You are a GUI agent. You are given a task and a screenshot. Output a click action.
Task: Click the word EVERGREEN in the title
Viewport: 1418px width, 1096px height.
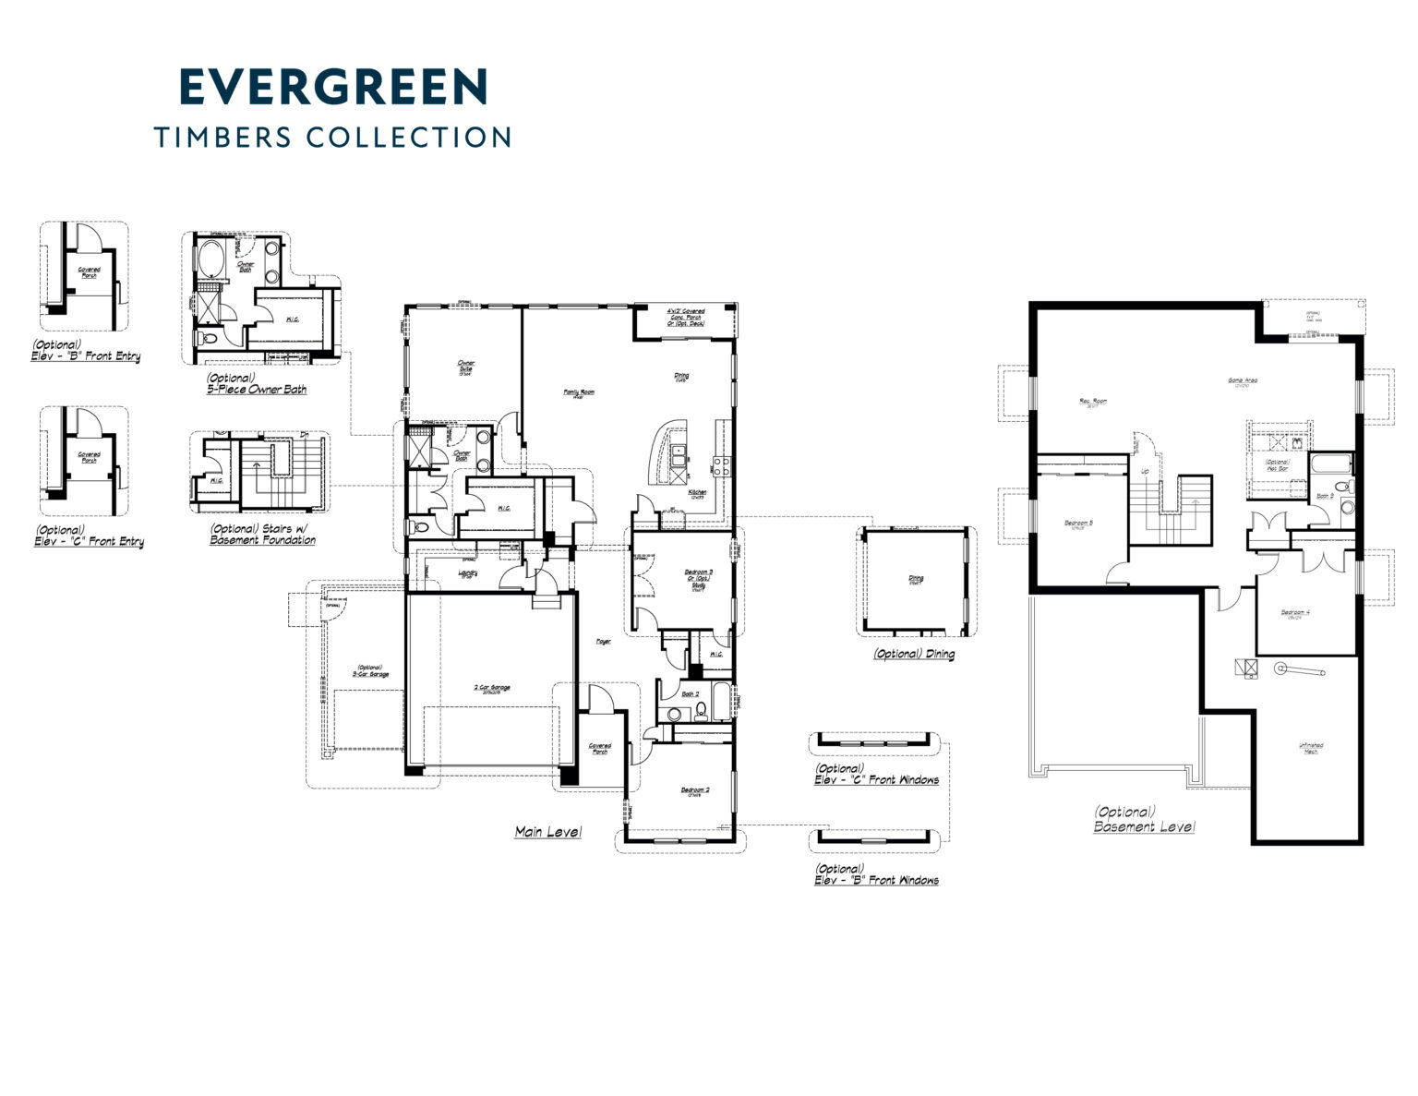pyautogui.click(x=333, y=87)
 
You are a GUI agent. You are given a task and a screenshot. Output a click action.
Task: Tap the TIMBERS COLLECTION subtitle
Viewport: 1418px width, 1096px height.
pyautogui.click(x=333, y=138)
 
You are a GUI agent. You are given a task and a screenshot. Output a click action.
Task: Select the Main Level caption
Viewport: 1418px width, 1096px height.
pyautogui.click(x=548, y=832)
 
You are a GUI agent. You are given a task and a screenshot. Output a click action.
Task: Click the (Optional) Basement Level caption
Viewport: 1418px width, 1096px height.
pyautogui.click(x=1144, y=820)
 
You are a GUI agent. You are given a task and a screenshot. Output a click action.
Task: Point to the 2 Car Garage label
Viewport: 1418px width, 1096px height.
pyautogui.click(x=492, y=688)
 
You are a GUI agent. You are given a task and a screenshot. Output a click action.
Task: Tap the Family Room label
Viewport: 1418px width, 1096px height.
pyautogui.click(x=579, y=393)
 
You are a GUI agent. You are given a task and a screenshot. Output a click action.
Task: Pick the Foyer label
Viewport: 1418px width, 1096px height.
pyautogui.click(x=603, y=641)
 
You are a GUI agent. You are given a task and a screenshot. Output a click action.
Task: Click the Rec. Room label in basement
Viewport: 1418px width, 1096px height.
pyautogui.click(x=1093, y=402)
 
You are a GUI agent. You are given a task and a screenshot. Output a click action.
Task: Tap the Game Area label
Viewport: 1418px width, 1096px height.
pyautogui.click(x=1242, y=381)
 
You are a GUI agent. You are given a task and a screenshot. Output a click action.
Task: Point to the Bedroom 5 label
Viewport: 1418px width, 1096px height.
pyautogui.click(x=1078, y=524)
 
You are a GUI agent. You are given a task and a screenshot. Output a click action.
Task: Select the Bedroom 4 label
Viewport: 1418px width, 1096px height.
pyautogui.click(x=1295, y=614)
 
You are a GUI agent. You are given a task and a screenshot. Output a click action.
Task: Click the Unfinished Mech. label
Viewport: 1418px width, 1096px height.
pyautogui.click(x=1310, y=749)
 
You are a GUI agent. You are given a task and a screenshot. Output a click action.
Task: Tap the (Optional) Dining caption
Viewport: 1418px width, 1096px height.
pyautogui.click(x=914, y=654)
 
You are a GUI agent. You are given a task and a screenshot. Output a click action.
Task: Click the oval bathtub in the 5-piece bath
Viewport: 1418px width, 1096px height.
pyautogui.click(x=211, y=261)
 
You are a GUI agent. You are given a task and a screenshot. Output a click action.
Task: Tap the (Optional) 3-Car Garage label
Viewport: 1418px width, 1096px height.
pyautogui.click(x=369, y=671)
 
